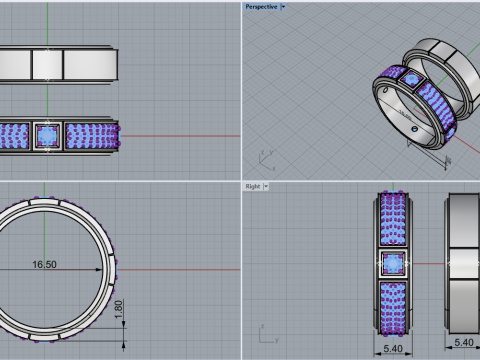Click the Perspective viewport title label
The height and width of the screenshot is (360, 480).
pos(260,6)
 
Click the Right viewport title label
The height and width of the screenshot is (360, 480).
pos(253,186)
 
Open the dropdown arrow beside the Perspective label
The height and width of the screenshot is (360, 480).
pos(283,6)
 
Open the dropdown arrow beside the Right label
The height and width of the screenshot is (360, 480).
pos(267,186)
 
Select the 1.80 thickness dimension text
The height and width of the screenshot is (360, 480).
pos(119,311)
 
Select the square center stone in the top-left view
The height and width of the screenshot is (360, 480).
pos(47,134)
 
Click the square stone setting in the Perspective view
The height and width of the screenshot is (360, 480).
pos(410,80)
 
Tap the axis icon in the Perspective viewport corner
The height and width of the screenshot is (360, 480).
pos(264,160)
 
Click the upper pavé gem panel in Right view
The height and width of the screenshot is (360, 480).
pos(394,220)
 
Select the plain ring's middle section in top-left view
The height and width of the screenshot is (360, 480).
pos(47,64)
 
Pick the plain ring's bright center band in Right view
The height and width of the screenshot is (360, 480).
pos(463,262)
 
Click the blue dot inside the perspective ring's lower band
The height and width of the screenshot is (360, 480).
pos(413,130)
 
